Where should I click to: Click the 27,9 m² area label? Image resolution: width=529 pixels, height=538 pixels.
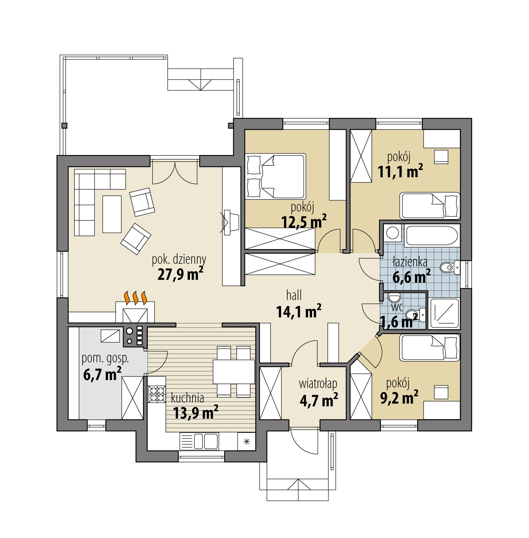click(180, 274)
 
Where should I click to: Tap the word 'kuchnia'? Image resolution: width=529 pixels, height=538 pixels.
click(187, 397)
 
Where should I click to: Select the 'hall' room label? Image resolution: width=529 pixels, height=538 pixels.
click(294, 295)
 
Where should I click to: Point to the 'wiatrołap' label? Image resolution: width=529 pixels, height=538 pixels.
click(318, 384)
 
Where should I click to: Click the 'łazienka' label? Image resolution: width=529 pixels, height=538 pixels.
click(410, 262)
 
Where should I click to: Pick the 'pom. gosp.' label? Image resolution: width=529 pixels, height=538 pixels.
click(105, 359)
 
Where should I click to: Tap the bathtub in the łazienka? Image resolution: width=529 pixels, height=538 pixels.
click(431, 236)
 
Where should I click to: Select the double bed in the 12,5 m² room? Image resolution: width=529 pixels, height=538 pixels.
click(275, 177)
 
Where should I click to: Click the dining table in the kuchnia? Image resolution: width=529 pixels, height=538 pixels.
click(234, 371)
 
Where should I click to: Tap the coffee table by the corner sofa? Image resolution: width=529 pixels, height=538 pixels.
click(112, 214)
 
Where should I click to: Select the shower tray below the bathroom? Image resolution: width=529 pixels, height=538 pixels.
click(444, 311)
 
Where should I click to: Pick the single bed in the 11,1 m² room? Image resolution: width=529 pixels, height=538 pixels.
click(430, 206)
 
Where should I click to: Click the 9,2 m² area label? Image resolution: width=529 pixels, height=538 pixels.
click(399, 397)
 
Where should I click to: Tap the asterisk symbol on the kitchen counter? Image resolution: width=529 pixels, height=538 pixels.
click(246, 442)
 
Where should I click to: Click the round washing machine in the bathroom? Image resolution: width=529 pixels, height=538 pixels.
click(392, 233)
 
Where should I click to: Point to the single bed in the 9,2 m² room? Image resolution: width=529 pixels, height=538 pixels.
click(430, 348)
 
